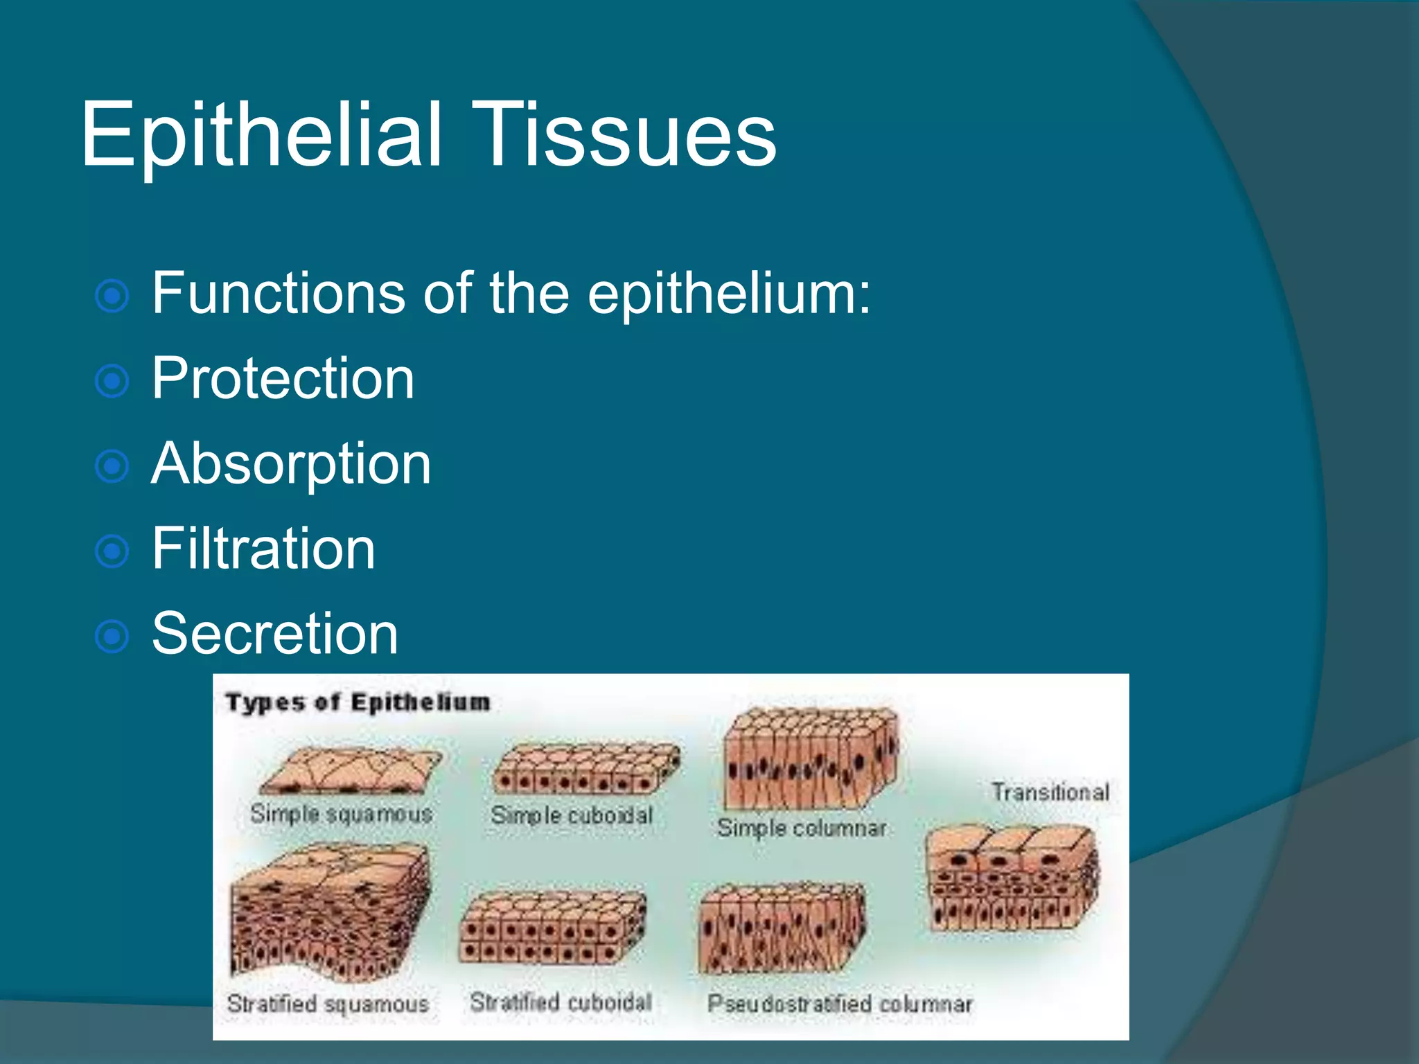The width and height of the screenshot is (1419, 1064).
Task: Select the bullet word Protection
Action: pos(283,378)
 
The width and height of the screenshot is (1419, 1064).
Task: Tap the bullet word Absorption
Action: pos(291,463)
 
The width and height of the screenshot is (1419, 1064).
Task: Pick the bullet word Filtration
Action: pos(263,549)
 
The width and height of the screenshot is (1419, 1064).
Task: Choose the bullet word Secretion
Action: pos(274,633)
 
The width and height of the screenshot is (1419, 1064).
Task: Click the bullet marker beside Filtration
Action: pos(112,551)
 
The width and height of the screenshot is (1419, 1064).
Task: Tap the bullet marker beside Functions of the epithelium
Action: pos(112,296)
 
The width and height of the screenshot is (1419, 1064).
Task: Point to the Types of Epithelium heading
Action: pos(358,702)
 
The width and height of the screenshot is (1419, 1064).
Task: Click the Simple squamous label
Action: pos(341,814)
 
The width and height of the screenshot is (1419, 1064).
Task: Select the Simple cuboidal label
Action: pos(572,815)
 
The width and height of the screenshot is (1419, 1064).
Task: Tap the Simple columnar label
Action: pos(802,828)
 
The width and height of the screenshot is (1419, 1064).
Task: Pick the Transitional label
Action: pos(1050,792)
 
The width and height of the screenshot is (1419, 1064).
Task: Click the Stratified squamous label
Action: pos(328,1004)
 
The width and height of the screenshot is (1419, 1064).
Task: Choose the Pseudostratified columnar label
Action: pos(839,1004)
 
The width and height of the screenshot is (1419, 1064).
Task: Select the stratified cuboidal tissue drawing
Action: pos(552,928)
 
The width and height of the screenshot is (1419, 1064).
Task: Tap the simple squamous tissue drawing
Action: pos(350,772)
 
